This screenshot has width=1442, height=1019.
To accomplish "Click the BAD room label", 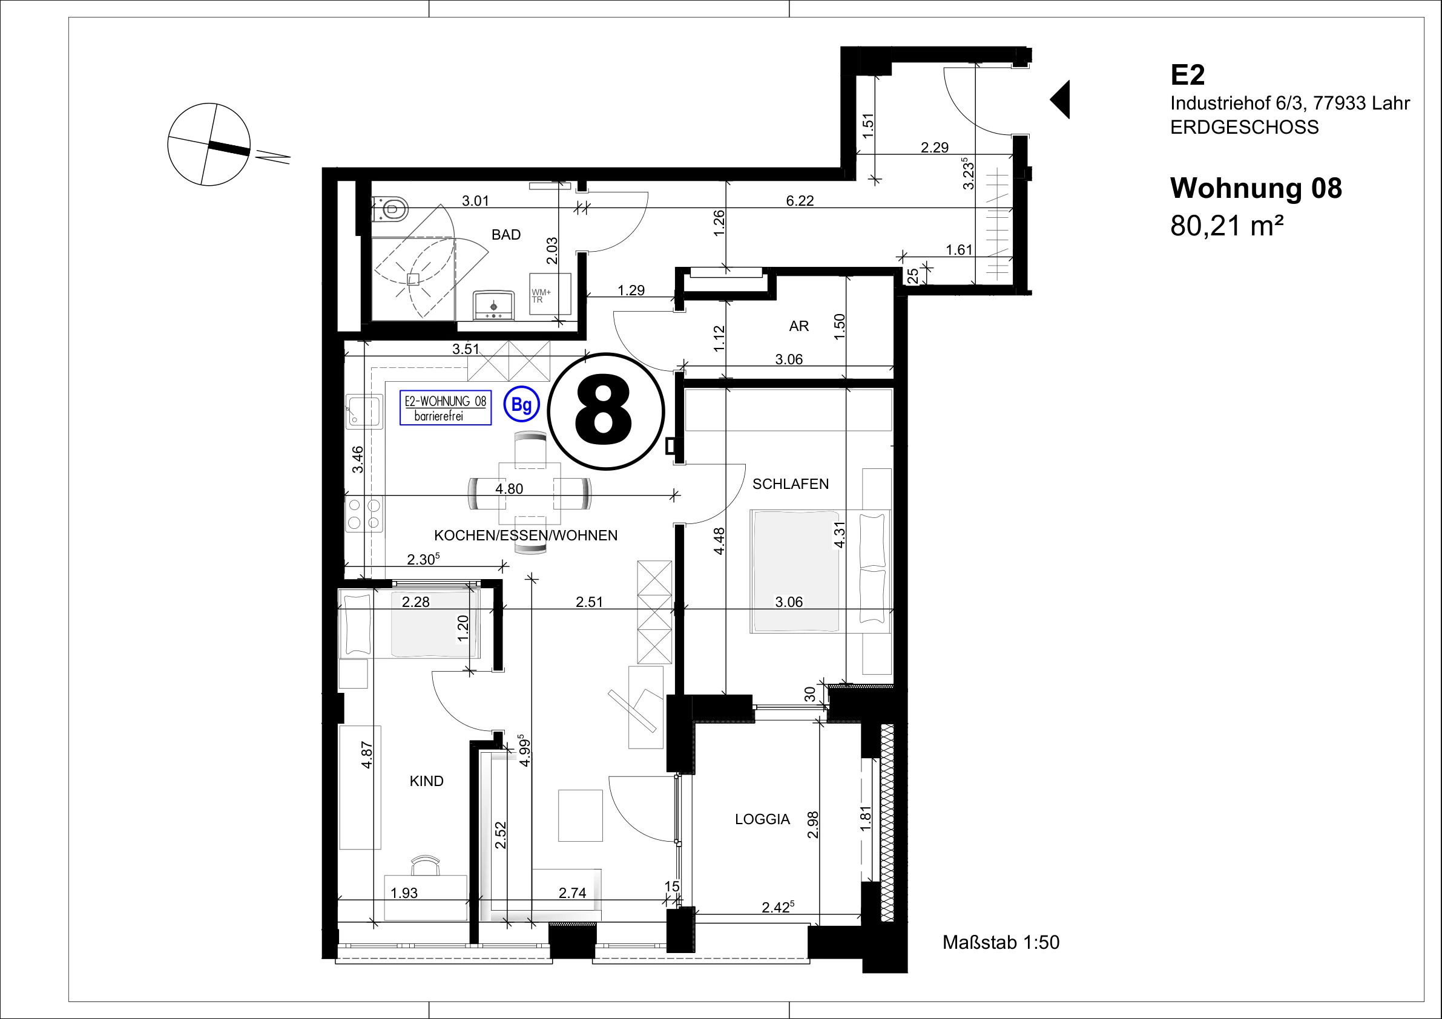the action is pyautogui.click(x=505, y=235).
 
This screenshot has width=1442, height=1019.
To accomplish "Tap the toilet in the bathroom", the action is pyautogui.click(x=390, y=208).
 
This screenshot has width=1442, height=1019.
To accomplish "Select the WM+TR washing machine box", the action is pyautogui.click(x=550, y=294).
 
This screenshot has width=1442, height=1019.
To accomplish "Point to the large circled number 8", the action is pyautogui.click(x=605, y=411).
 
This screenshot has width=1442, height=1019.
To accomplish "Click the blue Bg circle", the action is pyautogui.click(x=521, y=405).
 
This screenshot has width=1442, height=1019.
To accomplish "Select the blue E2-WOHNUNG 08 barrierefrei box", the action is pyautogui.click(x=446, y=407).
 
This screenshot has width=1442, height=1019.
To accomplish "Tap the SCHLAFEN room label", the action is pyautogui.click(x=790, y=484).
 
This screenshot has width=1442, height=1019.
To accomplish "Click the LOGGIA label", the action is pyautogui.click(x=762, y=819).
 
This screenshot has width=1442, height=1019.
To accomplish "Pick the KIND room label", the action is pyautogui.click(x=426, y=781).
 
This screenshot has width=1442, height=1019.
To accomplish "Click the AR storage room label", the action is pyautogui.click(x=799, y=326).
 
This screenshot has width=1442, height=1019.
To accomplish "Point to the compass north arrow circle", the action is pyautogui.click(x=209, y=145).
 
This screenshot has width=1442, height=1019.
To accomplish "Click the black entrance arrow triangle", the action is pyautogui.click(x=1060, y=99).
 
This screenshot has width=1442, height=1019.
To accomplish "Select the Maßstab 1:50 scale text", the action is pyautogui.click(x=1001, y=942).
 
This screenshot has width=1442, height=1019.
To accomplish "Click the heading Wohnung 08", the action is pyautogui.click(x=1256, y=188).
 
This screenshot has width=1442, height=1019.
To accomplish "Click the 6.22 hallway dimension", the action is pyautogui.click(x=800, y=200).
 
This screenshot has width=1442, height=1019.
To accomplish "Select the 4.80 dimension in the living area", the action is pyautogui.click(x=509, y=488).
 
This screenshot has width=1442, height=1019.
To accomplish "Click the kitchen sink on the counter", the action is pyautogui.click(x=364, y=411).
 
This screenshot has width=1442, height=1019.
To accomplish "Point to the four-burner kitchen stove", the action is pyautogui.click(x=364, y=514).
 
